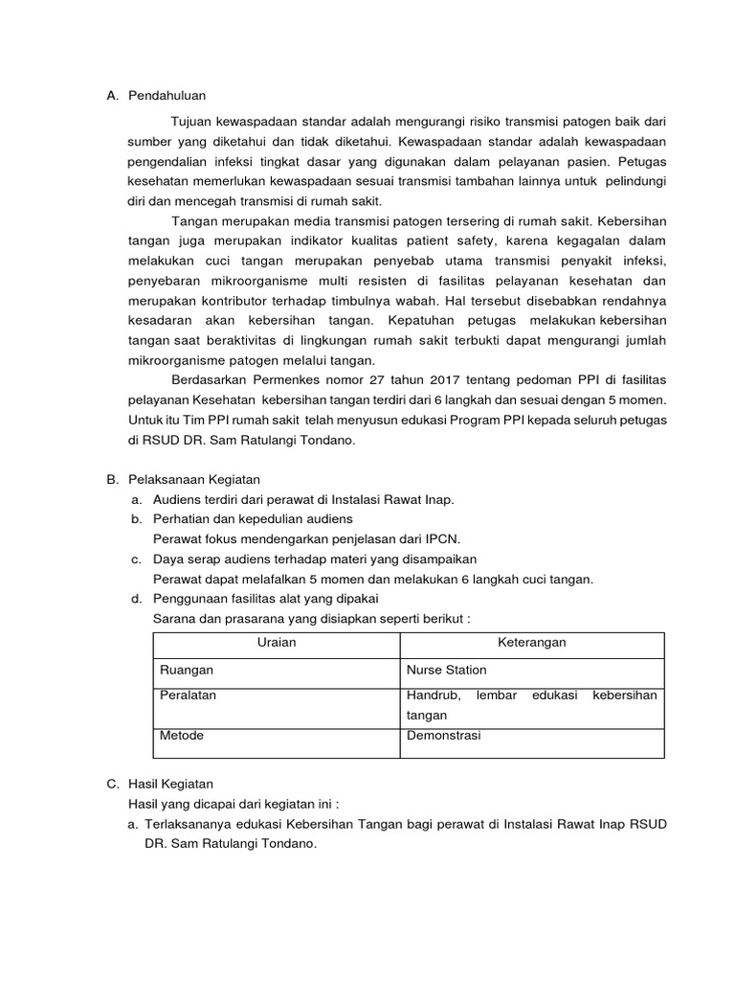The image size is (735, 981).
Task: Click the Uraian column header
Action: click(277, 643)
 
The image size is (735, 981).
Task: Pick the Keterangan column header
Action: click(531, 643)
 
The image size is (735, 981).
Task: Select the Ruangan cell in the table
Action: click(187, 671)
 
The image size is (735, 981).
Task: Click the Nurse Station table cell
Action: click(446, 671)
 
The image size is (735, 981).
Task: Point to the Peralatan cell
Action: click(189, 696)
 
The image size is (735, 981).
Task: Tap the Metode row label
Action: click(182, 736)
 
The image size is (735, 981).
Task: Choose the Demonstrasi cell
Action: click(443, 736)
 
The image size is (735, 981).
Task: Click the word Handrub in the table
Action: click(433, 696)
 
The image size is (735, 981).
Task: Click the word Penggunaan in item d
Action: click(191, 599)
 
